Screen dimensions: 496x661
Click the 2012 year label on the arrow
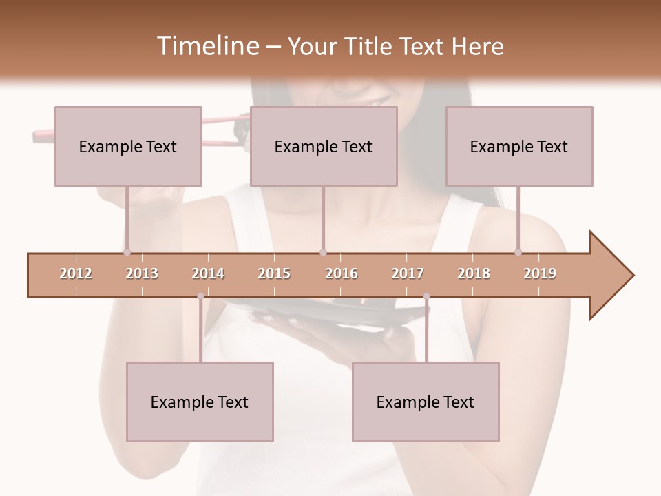[x=76, y=273]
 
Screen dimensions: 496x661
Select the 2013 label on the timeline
[x=142, y=273]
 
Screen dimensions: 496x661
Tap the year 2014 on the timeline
[x=208, y=273]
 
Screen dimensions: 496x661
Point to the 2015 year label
[x=274, y=273]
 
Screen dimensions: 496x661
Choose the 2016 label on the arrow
[x=342, y=273]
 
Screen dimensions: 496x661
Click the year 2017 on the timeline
[x=408, y=273]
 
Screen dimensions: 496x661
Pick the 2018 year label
[x=474, y=273]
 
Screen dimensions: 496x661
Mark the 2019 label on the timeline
[x=540, y=273]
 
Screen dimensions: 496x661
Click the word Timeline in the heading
[x=206, y=46]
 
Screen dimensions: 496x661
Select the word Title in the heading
[x=369, y=46]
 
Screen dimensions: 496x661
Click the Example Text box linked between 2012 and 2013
[x=128, y=146]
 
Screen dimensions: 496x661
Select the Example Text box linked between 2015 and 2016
[x=324, y=146]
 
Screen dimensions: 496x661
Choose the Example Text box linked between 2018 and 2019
[x=519, y=146]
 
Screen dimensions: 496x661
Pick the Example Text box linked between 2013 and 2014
[x=200, y=402]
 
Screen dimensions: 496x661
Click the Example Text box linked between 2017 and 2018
[x=426, y=402]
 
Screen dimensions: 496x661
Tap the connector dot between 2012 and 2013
[x=127, y=252]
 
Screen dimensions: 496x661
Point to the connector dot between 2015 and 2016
[x=324, y=252]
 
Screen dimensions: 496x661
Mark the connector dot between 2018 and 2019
[x=518, y=252]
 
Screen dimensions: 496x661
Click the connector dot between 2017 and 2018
[x=426, y=297]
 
